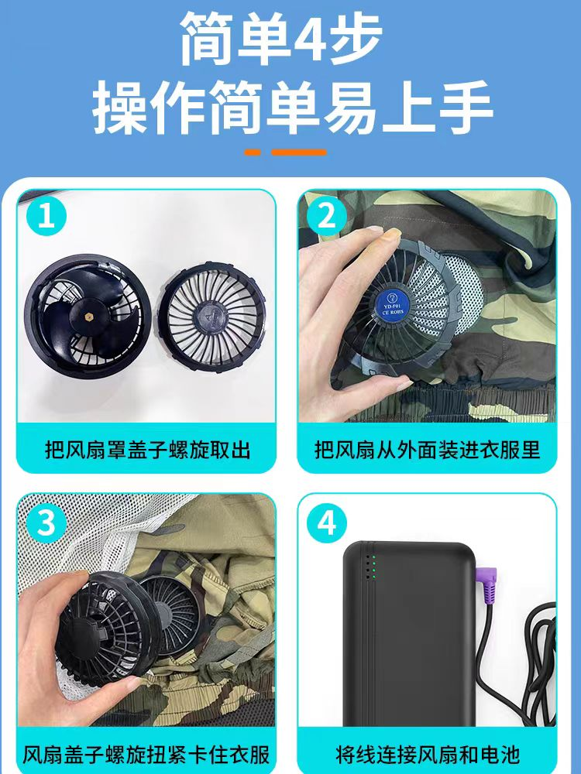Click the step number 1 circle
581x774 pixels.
pyautogui.click(x=46, y=216)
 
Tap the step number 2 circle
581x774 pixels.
pyautogui.click(x=327, y=216)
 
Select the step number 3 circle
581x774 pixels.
pyautogui.click(x=46, y=523)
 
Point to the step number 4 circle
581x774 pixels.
pyautogui.click(x=327, y=523)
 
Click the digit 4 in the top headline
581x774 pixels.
pyautogui.click(x=311, y=39)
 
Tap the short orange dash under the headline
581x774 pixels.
pyautogui.click(x=253, y=152)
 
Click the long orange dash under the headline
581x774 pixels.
pyautogui.click(x=299, y=152)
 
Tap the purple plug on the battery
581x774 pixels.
pyautogui.click(x=486, y=581)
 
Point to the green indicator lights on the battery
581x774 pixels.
pyautogui.click(x=373, y=567)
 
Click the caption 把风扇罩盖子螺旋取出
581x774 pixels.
pyautogui.click(x=148, y=450)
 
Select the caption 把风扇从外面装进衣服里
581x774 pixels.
pyautogui.click(x=428, y=450)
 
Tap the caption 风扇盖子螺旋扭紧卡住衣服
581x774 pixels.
pyautogui.click(x=146, y=755)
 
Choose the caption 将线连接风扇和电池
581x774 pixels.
pyautogui.click(x=428, y=755)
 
